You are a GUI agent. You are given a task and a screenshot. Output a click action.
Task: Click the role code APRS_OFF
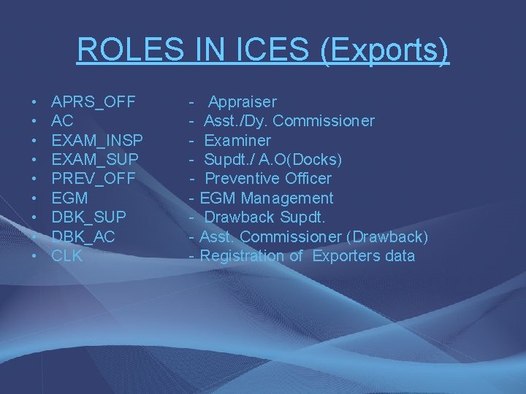[94, 101]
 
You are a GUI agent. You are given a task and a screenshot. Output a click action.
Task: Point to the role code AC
[62, 120]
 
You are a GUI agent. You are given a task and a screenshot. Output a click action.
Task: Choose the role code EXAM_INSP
[97, 140]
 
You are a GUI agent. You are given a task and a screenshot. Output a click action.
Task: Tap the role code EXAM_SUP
[95, 159]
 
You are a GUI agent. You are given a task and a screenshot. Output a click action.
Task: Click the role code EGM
[69, 198]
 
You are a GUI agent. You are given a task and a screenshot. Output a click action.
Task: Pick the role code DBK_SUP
[88, 217]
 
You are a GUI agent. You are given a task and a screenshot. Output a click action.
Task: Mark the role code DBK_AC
[83, 236]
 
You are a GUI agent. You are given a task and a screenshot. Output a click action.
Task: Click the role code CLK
[66, 256]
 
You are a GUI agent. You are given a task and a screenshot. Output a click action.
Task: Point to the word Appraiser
[243, 101]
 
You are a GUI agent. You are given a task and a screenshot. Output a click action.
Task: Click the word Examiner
[237, 140]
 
